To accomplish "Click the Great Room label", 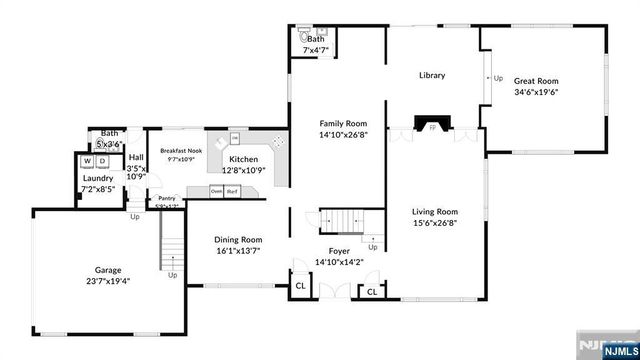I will (x=535, y=81).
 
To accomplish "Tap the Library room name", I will (x=432, y=75).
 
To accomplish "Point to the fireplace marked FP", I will (x=432, y=128).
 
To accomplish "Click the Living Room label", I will (x=436, y=211).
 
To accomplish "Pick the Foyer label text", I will (x=339, y=251).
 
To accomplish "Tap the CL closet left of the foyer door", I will (x=300, y=286).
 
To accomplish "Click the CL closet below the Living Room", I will (x=371, y=291).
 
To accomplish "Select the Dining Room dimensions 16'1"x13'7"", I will (x=239, y=251).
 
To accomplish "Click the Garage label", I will (x=108, y=270).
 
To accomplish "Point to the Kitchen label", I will (x=244, y=159).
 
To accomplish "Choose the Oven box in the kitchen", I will (x=216, y=190).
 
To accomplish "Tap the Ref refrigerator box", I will (x=231, y=190).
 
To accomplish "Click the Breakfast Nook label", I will (x=174, y=150).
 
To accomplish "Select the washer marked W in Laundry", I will (x=87, y=160).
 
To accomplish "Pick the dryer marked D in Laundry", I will (x=101, y=160).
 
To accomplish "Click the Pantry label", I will (x=166, y=198).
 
